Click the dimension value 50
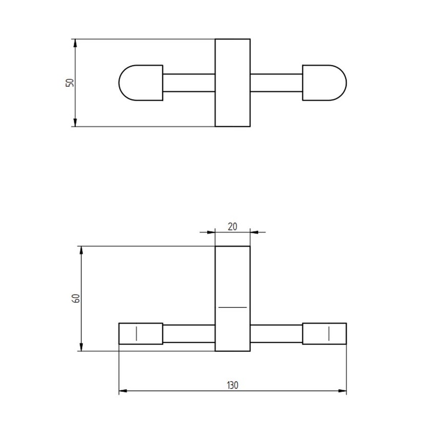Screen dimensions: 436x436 pyautogui.click(x=70, y=82)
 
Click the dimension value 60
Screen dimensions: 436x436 pyautogui.click(x=75, y=299)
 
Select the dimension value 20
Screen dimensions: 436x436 pyautogui.click(x=232, y=226)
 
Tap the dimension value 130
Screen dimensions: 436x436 pyautogui.click(x=232, y=385)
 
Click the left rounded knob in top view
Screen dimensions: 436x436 pyautogui.click(x=140, y=83)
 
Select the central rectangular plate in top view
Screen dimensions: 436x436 pyautogui.click(x=232, y=83)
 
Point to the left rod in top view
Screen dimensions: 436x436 pyautogui.click(x=188, y=83)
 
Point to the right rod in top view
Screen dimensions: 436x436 pyautogui.click(x=276, y=83)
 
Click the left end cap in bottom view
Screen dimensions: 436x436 pyautogui.click(x=141, y=333)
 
